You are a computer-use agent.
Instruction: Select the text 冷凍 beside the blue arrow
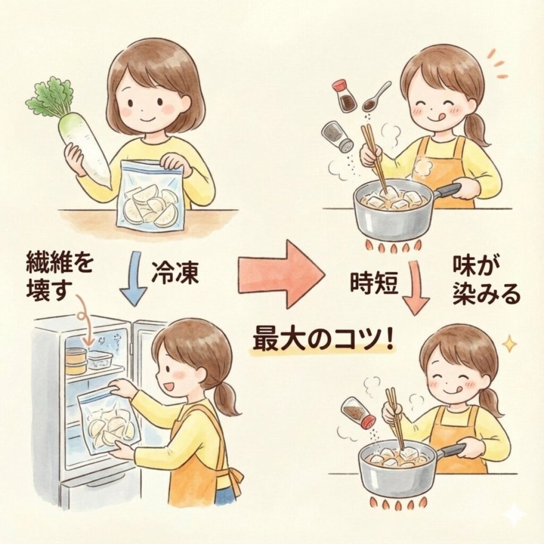tap(175, 273)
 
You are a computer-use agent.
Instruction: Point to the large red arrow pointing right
tap(282, 274)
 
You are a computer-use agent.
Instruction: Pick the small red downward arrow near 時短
tap(415, 287)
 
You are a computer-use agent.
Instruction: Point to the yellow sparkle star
tap(509, 344)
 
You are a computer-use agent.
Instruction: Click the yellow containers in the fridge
tap(76, 361)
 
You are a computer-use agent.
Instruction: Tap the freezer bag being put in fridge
tap(109, 421)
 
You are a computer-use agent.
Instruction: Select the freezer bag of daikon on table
tap(151, 196)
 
